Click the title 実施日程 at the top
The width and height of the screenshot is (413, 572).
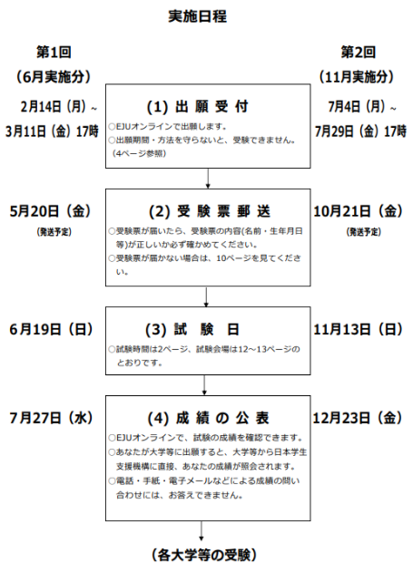pyautogui.click(x=198, y=16)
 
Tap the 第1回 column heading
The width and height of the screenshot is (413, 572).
pyautogui.click(x=54, y=53)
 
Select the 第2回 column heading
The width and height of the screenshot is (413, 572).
pyautogui.click(x=358, y=53)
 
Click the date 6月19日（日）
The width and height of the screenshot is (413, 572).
pyautogui.click(x=51, y=329)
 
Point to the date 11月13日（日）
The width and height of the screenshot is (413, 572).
pyautogui.click(x=358, y=329)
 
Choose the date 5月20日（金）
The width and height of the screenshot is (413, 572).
pyautogui.click(x=51, y=211)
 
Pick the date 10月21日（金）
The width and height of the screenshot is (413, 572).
pyautogui.click(x=358, y=211)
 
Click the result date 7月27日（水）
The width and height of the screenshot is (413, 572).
pyautogui.click(x=51, y=418)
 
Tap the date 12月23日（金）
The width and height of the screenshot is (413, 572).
pyautogui.click(x=357, y=418)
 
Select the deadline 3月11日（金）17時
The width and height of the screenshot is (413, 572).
pyautogui.click(x=52, y=131)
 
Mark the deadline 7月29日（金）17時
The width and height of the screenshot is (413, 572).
pyautogui.click(x=360, y=131)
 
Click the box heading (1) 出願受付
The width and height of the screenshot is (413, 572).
pyautogui.click(x=198, y=107)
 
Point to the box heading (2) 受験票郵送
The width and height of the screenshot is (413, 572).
pyautogui.click(x=210, y=211)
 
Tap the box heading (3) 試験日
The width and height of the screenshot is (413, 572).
pyautogui.click(x=192, y=330)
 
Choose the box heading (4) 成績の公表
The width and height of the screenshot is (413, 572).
pyautogui.click(x=208, y=419)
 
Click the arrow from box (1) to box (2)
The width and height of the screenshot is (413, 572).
pyautogui.click(x=208, y=179)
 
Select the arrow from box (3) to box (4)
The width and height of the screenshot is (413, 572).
pyautogui.click(x=204, y=385)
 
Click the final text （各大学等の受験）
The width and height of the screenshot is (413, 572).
pyautogui.click(x=204, y=555)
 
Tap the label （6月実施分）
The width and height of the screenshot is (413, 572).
pyautogui.click(x=54, y=77)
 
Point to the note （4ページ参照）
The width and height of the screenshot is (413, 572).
pyautogui.click(x=139, y=153)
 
